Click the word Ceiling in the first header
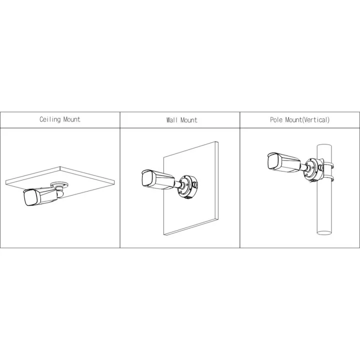click(x=50, y=119)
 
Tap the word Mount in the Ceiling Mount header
click(x=72, y=119)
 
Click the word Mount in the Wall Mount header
click(x=188, y=120)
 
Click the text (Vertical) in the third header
click(x=315, y=120)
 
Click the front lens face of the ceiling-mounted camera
click(x=30, y=197)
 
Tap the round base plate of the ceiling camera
click(x=59, y=185)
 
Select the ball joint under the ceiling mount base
click(x=60, y=193)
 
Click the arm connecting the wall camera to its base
click(x=177, y=183)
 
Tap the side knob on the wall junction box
click(x=194, y=184)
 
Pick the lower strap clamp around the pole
click(x=326, y=178)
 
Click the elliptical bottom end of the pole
click(x=324, y=232)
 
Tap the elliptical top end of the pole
click(x=324, y=146)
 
